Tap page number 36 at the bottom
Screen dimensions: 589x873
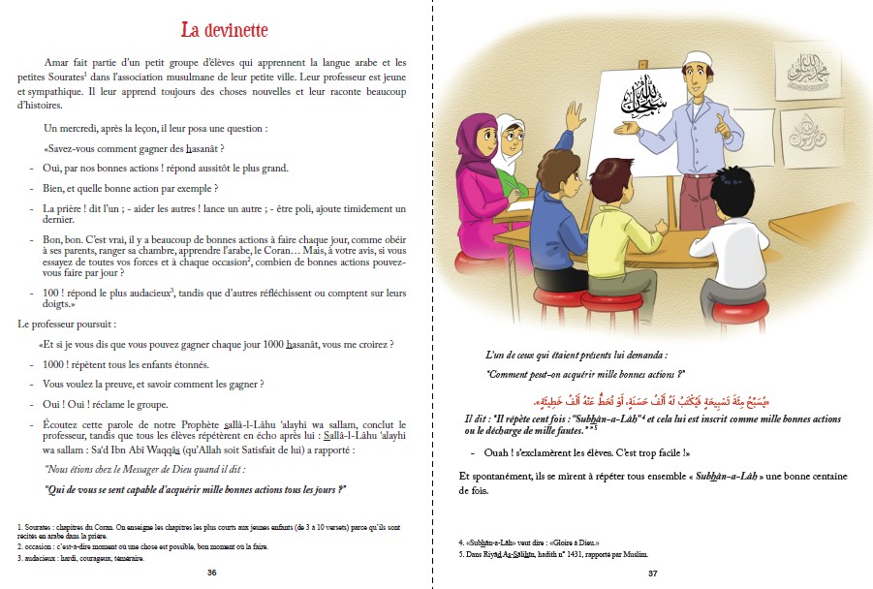click(212, 573)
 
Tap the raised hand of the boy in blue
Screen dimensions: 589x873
click(577, 113)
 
